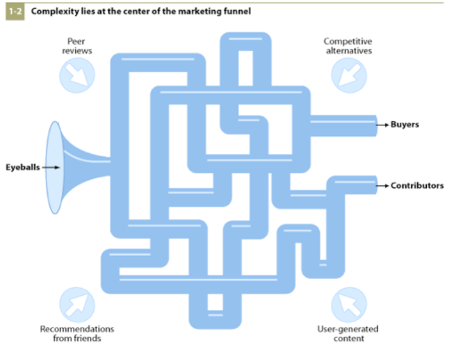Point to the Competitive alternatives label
[x=348, y=46]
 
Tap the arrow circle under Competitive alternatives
[x=348, y=75]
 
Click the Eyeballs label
[x=23, y=168]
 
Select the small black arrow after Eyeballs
[x=52, y=168]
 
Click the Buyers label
[x=405, y=125]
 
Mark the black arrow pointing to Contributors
[x=383, y=185]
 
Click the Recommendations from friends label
[x=77, y=333]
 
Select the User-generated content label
[x=348, y=333]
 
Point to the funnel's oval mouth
[x=54, y=168]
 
